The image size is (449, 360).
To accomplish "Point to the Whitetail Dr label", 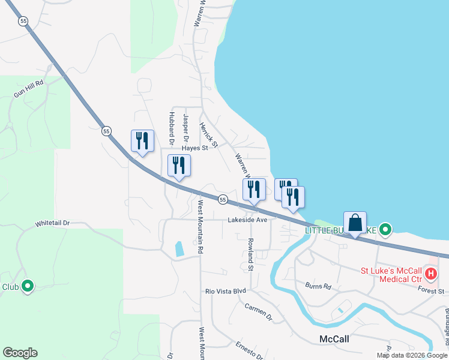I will click(52, 223).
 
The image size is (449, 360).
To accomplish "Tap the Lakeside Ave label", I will click(247, 220).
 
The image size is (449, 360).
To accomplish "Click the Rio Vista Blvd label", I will click(226, 291).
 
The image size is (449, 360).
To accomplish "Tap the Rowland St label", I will click(251, 253).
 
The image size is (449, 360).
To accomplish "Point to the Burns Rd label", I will click(318, 286).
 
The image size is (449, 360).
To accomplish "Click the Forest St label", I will click(431, 291).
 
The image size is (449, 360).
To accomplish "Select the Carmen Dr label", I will click(258, 311).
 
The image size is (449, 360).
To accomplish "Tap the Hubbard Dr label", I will click(172, 127).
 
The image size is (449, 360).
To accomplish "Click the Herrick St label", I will click(208, 133).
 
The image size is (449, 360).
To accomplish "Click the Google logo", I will click(20, 353).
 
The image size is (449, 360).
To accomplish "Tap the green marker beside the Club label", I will click(27, 287).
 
